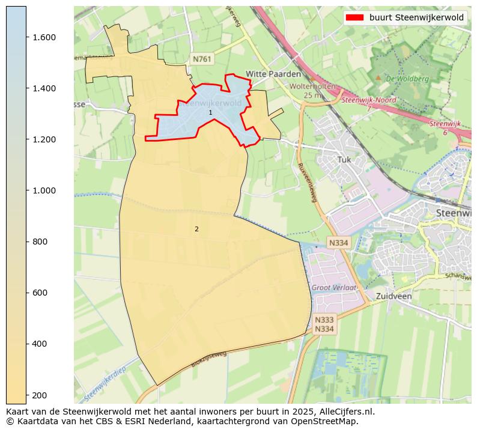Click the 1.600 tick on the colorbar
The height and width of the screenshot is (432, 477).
click(43, 37)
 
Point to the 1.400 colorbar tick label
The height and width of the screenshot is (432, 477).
click(43, 88)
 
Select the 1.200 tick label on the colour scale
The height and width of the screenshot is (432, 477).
click(43, 139)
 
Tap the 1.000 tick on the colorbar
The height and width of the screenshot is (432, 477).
click(43, 190)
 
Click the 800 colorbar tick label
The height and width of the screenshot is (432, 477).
click(40, 242)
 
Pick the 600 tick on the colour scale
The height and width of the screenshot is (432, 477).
click(40, 293)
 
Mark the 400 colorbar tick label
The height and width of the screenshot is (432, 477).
click(40, 344)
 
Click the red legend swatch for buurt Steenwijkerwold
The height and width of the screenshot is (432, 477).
click(354, 17)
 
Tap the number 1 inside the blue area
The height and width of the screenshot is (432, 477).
click(210, 113)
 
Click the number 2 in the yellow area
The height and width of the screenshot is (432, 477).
click(196, 229)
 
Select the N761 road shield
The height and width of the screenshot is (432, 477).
click(201, 58)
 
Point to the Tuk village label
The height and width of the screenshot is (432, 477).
click(344, 160)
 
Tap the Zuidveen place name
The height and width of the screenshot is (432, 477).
click(393, 296)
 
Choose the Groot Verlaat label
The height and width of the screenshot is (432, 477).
click(333, 288)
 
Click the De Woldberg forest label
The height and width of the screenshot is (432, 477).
click(407, 79)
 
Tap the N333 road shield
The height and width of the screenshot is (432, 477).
click(324, 320)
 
